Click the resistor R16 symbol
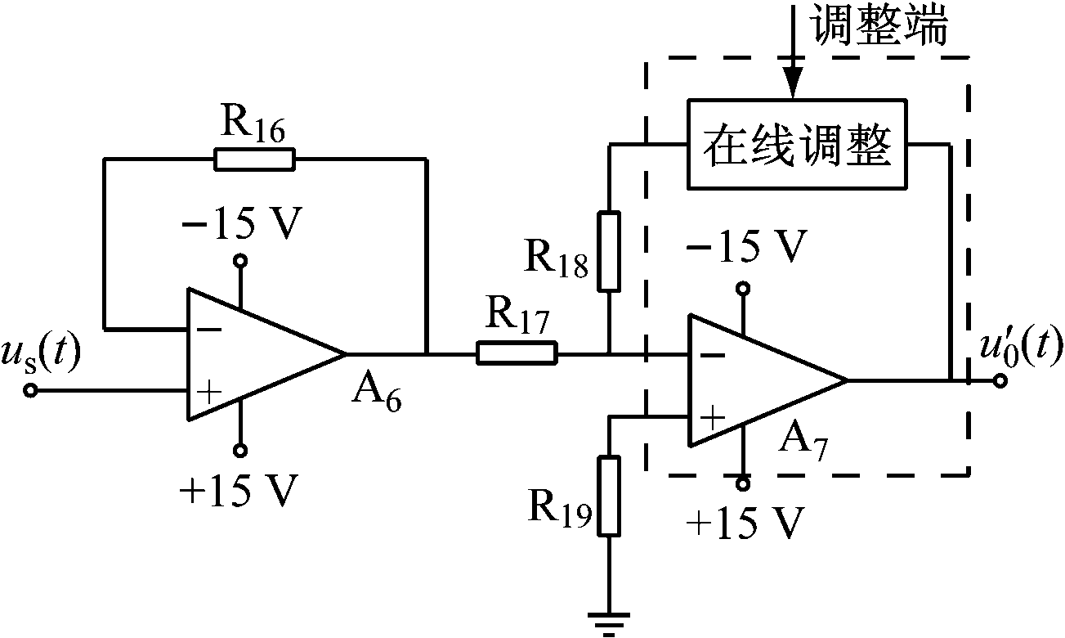[x=254, y=159]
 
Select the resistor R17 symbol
[x=517, y=354]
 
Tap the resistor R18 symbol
[x=609, y=250]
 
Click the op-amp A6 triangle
[x=253, y=354]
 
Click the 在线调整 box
[x=796, y=145]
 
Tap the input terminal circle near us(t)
[x=30, y=391]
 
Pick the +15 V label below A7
[x=743, y=521]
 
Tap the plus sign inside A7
[x=713, y=420]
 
